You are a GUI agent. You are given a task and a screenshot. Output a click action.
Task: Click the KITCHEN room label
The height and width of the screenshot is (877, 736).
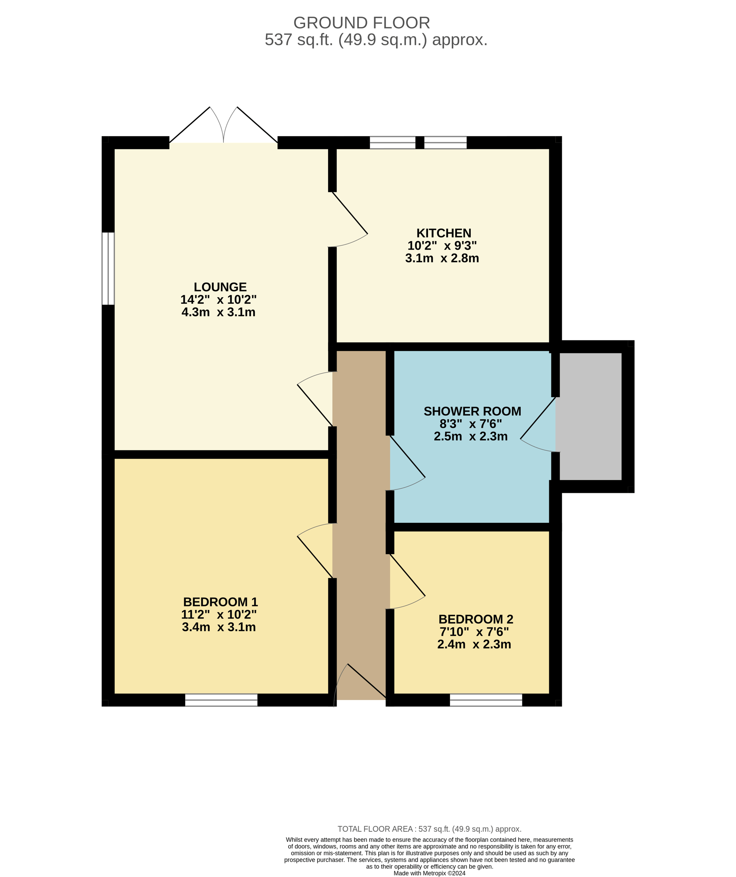[444, 233]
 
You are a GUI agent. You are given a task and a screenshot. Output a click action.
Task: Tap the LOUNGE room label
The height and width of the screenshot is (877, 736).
[220, 287]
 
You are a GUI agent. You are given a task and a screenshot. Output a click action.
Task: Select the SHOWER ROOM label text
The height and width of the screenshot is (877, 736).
[472, 411]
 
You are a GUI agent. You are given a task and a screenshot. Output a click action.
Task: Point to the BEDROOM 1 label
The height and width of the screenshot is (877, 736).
[220, 602]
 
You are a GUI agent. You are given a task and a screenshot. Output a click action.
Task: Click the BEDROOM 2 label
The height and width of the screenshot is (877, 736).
[476, 619]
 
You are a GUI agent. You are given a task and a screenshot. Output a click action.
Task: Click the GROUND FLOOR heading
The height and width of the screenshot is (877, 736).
[362, 23]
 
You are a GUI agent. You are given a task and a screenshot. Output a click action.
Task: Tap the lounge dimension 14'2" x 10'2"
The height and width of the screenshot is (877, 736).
[218, 300]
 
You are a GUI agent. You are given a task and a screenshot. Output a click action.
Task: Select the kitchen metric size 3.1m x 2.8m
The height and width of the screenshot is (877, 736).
[442, 258]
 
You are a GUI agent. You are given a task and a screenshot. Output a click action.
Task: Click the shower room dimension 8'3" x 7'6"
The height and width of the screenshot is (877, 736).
[470, 424]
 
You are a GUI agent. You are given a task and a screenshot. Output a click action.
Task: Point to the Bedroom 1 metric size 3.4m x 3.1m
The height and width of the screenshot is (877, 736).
[219, 627]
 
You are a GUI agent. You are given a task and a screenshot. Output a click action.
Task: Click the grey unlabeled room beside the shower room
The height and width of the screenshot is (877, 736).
[591, 416]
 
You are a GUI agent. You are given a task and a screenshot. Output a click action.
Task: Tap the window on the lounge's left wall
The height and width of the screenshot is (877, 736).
[108, 269]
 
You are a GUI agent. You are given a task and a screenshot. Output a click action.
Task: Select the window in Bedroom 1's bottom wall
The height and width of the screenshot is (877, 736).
[221, 700]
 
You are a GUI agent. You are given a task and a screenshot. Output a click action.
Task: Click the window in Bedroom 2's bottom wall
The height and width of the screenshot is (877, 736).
[486, 700]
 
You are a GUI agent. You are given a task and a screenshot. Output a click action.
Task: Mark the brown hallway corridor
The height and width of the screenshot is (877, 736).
[361, 525]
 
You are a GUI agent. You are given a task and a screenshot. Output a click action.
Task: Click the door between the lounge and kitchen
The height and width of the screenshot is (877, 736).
[348, 220]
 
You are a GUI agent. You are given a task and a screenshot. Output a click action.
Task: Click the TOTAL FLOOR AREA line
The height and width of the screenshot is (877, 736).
[429, 829]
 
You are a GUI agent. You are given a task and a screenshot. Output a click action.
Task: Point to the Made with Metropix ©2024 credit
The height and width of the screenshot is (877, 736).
[429, 873]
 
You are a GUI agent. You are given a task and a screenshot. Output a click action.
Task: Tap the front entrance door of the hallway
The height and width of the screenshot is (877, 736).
[360, 682]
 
